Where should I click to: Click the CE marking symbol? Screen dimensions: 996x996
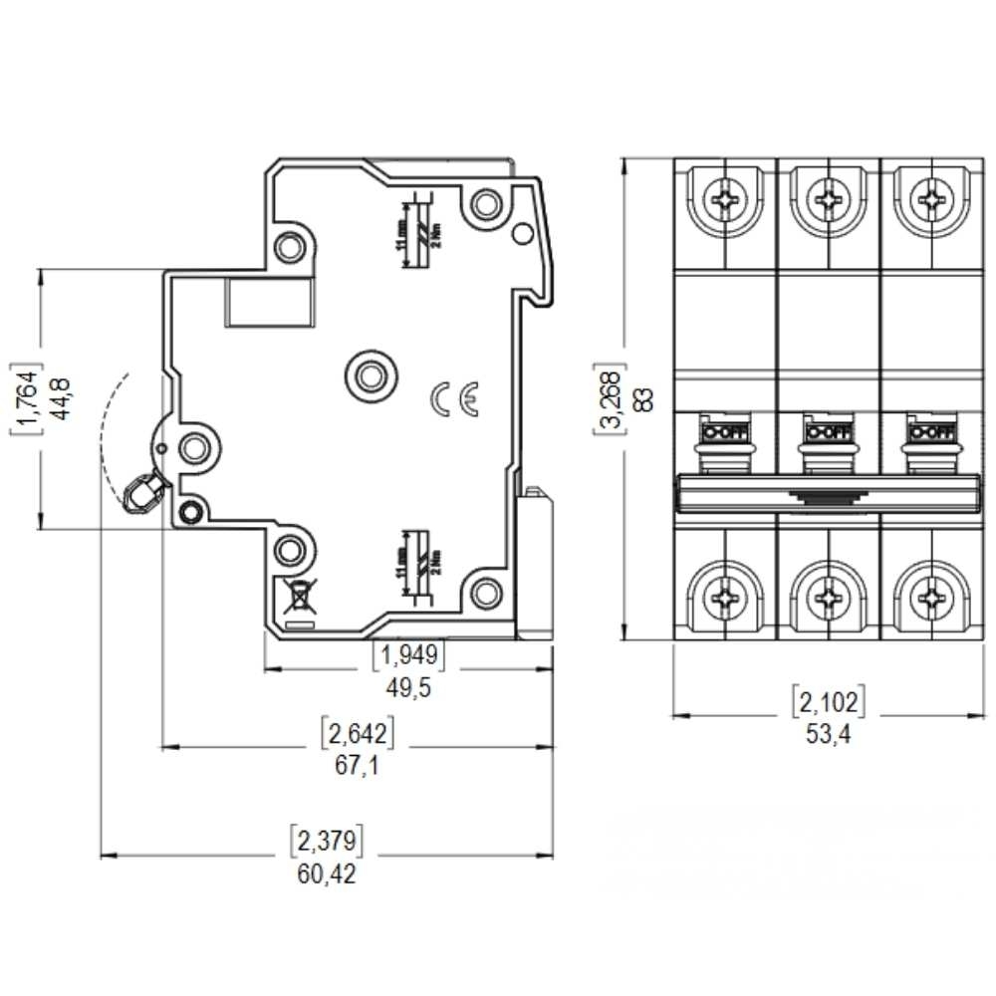pyautogui.click(x=455, y=398)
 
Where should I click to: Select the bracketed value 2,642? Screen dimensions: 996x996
pyautogui.click(x=358, y=734)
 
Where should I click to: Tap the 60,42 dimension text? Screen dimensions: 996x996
pyautogui.click(x=326, y=874)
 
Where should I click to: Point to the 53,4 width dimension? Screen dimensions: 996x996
pyautogui.click(x=828, y=736)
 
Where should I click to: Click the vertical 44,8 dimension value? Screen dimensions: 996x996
pyautogui.click(x=65, y=396)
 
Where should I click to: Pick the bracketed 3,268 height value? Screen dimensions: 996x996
pyautogui.click(x=611, y=398)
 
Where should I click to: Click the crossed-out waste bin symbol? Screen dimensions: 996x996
pyautogui.click(x=296, y=596)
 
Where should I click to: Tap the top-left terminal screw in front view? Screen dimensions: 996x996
pyautogui.click(x=724, y=200)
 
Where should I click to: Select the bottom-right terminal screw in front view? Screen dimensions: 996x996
pyautogui.click(x=931, y=598)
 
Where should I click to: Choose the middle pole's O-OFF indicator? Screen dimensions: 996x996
pyautogui.click(x=827, y=432)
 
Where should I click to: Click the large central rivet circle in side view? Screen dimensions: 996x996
pyautogui.click(x=370, y=375)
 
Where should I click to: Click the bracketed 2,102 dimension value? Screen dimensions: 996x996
pyautogui.click(x=828, y=702)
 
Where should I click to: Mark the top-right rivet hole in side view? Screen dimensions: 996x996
pyautogui.click(x=486, y=204)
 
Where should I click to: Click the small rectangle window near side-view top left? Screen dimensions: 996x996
pyautogui.click(x=270, y=303)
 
